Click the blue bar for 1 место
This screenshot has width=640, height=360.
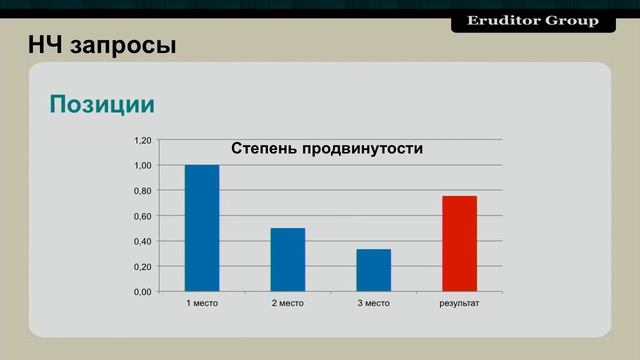point(202,228)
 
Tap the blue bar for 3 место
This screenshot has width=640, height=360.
point(373,270)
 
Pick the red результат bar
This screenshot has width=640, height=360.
point(459,243)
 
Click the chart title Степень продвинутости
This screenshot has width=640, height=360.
point(327,148)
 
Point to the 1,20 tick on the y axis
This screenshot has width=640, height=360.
point(143,140)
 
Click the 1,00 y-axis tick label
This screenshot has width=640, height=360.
point(143,165)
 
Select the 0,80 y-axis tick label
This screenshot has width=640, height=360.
point(143,191)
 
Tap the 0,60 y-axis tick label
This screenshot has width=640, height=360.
point(143,216)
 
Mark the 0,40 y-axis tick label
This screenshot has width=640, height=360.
point(143,241)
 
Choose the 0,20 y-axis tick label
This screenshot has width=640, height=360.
point(143,267)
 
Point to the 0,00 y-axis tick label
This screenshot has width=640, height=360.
point(143,292)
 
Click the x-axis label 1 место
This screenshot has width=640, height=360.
point(202,303)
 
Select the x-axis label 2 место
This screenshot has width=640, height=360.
point(288,303)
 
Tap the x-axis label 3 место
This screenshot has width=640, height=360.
point(373,303)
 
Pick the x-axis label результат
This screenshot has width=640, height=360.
point(460,303)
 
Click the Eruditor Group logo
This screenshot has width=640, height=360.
point(533,20)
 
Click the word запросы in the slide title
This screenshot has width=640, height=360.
point(124,46)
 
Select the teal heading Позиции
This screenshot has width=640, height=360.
point(102,104)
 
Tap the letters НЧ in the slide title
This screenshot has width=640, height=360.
point(46,45)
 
